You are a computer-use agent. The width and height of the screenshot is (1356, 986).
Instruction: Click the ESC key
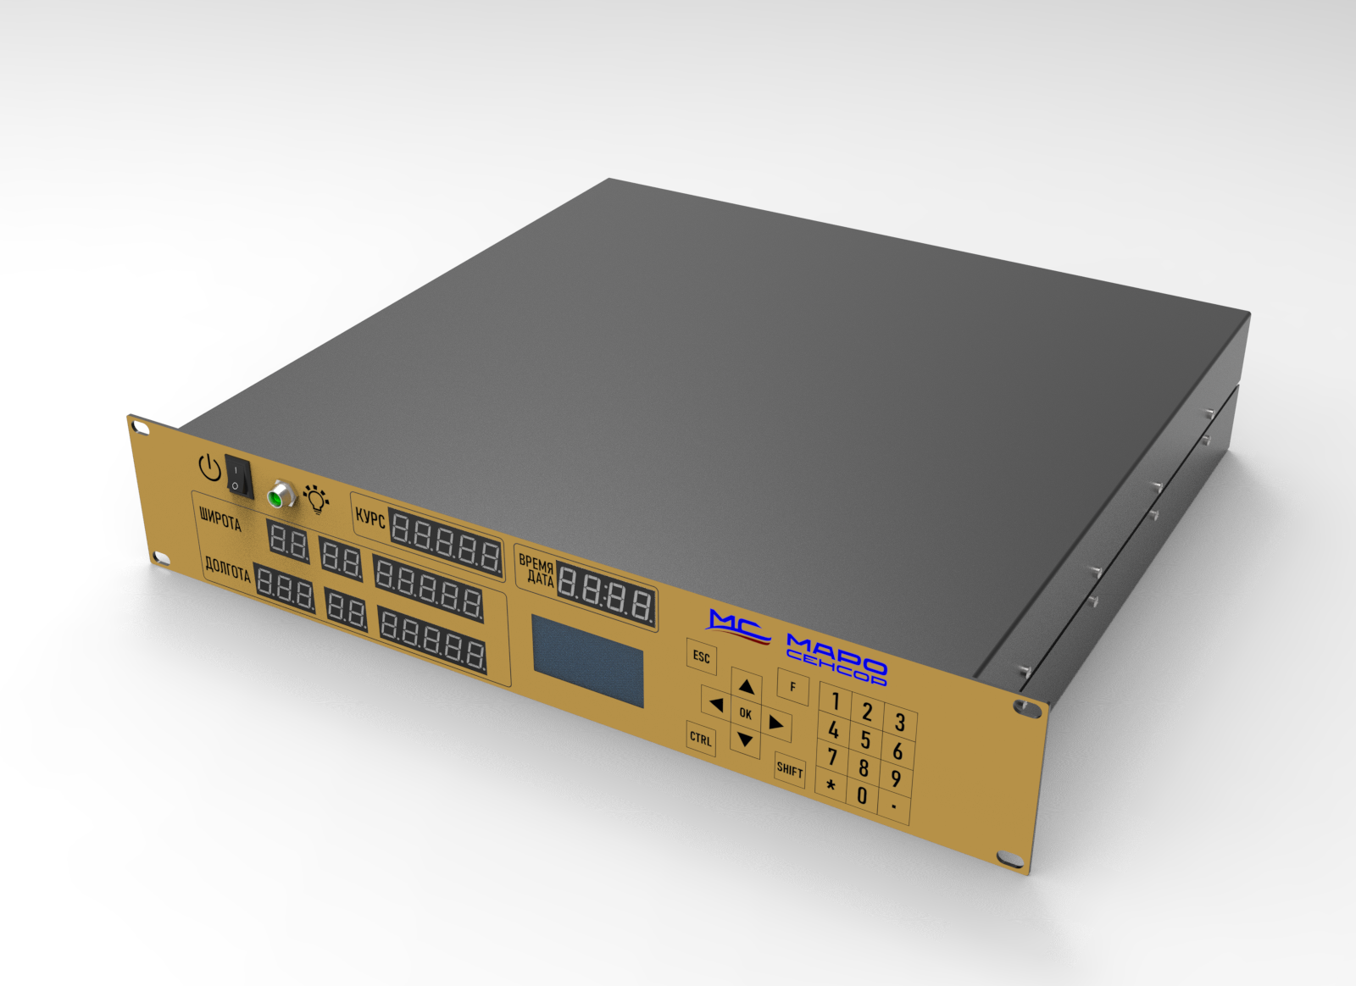pos(702,656)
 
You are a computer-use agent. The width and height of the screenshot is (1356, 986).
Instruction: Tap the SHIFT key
pos(789,769)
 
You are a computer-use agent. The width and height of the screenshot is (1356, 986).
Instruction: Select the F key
pos(793,687)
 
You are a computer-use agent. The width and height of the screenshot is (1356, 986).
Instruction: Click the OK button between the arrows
pos(746,714)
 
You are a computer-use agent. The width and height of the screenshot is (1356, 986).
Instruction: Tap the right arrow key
pos(776,723)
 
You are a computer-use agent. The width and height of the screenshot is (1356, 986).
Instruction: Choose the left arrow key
pos(716,704)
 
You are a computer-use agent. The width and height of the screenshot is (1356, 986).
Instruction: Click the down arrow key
pos(745,740)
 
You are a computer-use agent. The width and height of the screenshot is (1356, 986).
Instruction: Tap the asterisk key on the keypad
pos(831,786)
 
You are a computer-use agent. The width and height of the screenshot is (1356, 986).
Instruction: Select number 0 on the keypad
pos(862,795)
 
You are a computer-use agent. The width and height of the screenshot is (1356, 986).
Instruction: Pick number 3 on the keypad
pos(900,723)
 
